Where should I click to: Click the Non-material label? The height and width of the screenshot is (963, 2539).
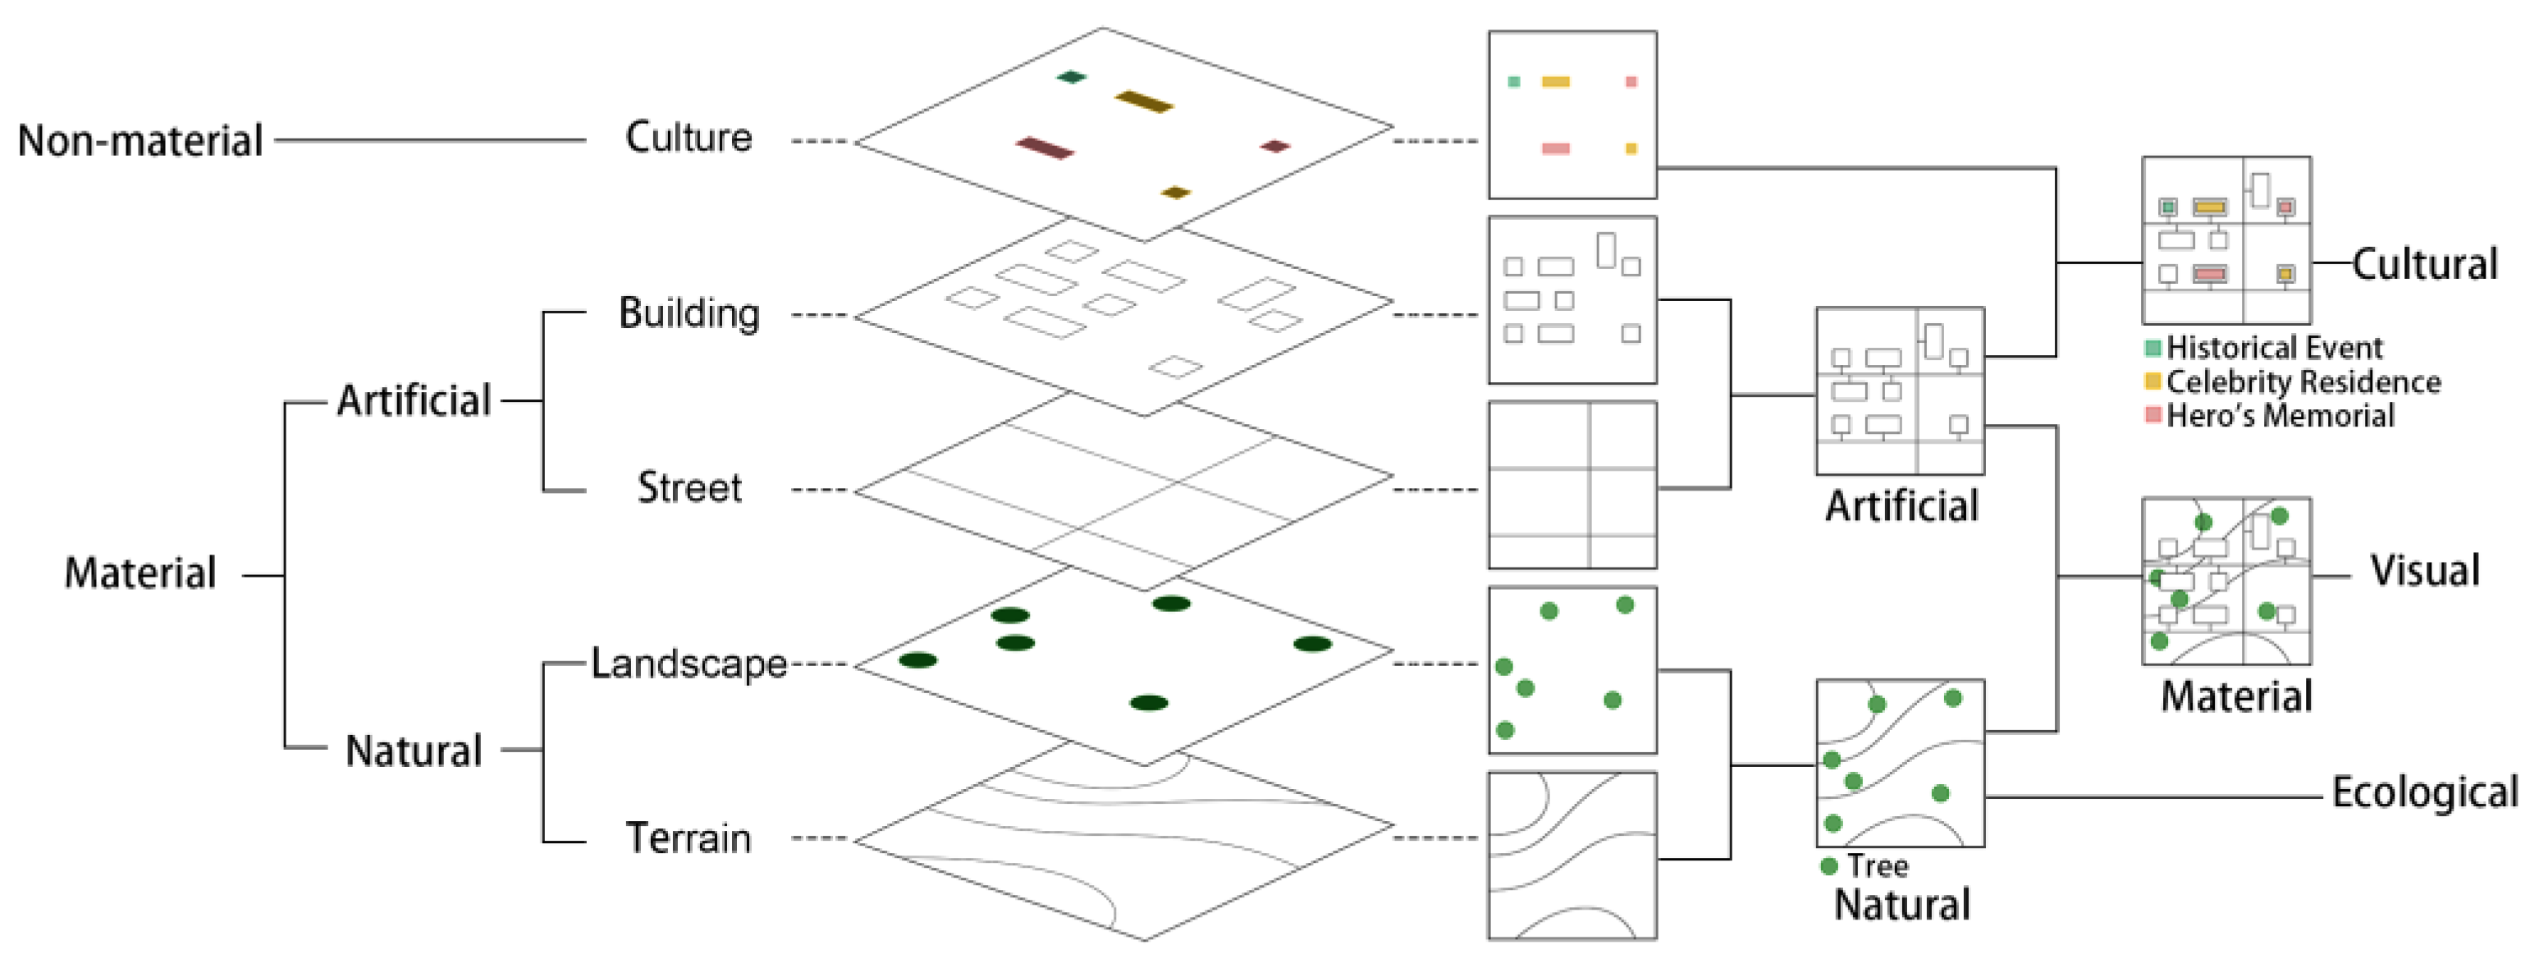tap(140, 141)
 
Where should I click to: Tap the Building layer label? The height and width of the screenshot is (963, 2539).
tap(689, 313)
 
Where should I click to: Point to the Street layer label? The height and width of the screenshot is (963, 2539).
tap(689, 488)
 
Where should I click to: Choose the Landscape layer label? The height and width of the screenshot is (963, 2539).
tap(689, 664)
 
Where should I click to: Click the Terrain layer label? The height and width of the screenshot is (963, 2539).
tap(689, 837)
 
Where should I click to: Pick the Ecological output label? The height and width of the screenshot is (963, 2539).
tap(2423, 792)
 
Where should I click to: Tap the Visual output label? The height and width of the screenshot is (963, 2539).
tap(2423, 571)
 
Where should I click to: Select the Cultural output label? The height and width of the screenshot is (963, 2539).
tap(2423, 264)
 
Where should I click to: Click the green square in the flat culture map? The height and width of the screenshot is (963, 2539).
tap(1514, 82)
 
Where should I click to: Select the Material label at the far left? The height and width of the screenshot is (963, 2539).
tap(140, 573)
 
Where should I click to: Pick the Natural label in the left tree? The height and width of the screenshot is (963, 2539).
tap(413, 751)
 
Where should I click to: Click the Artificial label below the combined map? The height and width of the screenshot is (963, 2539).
tap(1901, 505)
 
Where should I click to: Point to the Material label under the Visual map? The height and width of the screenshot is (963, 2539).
tap(2235, 696)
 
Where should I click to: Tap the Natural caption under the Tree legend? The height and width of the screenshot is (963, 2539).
tap(1901, 904)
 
